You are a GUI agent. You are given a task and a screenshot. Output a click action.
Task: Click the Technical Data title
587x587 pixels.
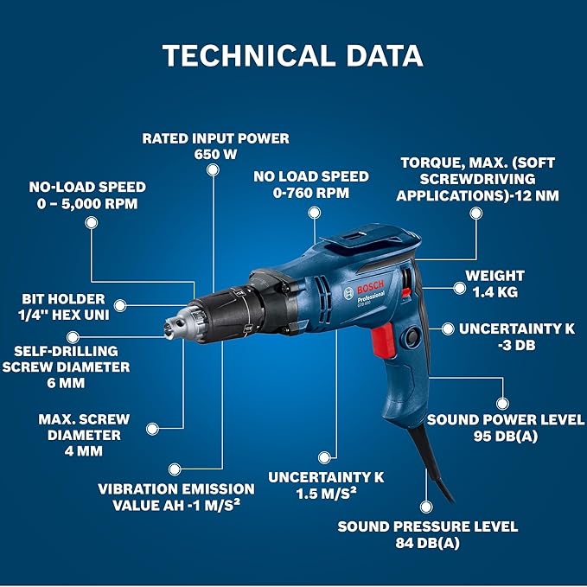(292, 55)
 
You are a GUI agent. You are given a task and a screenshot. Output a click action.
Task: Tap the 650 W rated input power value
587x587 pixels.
(215, 154)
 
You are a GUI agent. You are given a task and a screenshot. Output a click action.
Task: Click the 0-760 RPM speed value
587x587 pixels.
(311, 193)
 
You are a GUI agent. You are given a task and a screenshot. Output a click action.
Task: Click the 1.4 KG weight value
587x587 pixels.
(495, 292)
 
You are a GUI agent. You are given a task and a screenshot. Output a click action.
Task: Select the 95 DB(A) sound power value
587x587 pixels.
(506, 437)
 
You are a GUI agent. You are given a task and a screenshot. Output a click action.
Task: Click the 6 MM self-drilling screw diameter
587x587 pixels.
(72, 383)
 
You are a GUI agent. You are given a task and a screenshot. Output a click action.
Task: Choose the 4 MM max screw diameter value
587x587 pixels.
(83, 450)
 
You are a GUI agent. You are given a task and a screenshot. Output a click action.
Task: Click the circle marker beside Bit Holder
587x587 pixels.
(121, 304)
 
